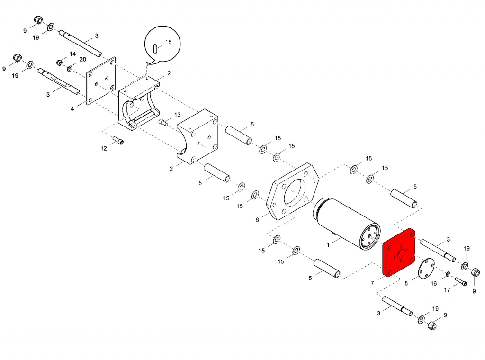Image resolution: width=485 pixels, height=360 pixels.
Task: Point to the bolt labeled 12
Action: (x=118, y=140)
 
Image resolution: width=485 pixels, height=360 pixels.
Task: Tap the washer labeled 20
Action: (x=70, y=69)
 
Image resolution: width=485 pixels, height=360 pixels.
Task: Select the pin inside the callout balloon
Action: (x=156, y=47)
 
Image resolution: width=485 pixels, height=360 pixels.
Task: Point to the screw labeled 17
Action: (x=461, y=282)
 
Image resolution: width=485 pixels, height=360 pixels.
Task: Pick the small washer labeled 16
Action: (x=448, y=274)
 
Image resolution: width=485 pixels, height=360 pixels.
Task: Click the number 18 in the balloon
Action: (x=168, y=42)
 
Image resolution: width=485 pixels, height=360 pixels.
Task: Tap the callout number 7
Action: (x=373, y=283)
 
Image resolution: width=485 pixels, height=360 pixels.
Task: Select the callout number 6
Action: (x=257, y=220)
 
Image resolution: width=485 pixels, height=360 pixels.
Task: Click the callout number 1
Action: (x=328, y=245)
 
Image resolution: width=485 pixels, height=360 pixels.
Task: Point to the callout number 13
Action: (x=177, y=115)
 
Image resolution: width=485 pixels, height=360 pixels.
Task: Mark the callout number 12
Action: (x=104, y=148)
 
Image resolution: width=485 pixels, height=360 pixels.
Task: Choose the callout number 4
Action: (x=72, y=109)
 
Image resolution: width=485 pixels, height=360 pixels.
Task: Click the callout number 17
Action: (x=447, y=290)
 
